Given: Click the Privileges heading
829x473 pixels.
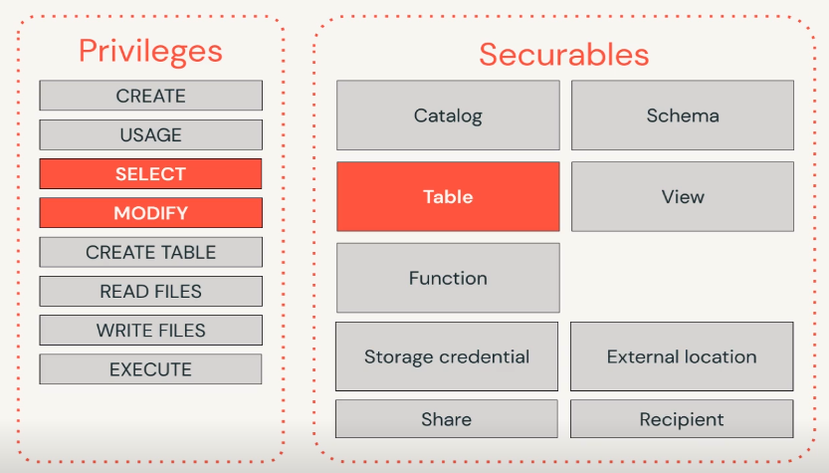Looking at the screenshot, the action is [x=150, y=52].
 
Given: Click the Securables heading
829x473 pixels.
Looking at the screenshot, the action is [x=564, y=55].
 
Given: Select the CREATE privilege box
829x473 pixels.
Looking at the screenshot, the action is [x=150, y=96].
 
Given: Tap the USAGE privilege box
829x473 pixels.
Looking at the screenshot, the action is [x=150, y=134].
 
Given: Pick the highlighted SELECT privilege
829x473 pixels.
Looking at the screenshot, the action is [x=150, y=174].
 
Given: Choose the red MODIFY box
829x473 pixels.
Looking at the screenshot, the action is [x=150, y=213].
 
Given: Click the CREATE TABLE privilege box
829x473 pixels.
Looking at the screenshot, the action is [x=150, y=252].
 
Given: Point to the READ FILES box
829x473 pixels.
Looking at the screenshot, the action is [x=150, y=292].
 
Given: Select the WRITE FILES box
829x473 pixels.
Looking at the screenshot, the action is [x=150, y=331].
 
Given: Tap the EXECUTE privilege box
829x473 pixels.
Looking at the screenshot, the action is [x=150, y=369].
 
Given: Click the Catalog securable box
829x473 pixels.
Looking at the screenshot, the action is [x=448, y=116].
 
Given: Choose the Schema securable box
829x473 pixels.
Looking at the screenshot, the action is [x=683, y=116].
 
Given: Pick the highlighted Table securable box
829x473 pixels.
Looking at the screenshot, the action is [x=448, y=197].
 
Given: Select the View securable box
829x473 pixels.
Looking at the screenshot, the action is [x=683, y=197].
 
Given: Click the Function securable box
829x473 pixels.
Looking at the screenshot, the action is [x=448, y=278].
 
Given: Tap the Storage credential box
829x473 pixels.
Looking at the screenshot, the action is [x=447, y=356].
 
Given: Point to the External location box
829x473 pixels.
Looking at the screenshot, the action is [x=682, y=356].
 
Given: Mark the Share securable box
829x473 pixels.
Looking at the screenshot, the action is [x=447, y=419].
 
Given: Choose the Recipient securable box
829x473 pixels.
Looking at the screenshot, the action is [x=682, y=419].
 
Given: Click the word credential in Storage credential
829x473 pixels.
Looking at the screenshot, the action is [x=485, y=356].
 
